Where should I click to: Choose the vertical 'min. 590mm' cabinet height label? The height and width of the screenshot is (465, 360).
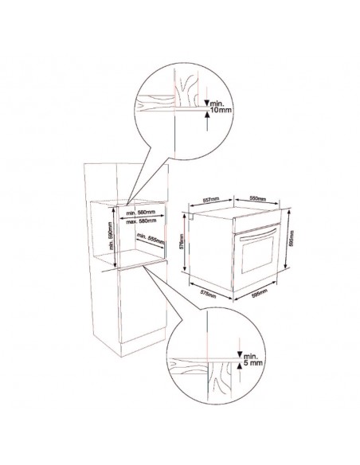coord(112,235)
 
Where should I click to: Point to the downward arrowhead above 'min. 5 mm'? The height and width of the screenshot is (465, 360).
coord(239,356)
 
